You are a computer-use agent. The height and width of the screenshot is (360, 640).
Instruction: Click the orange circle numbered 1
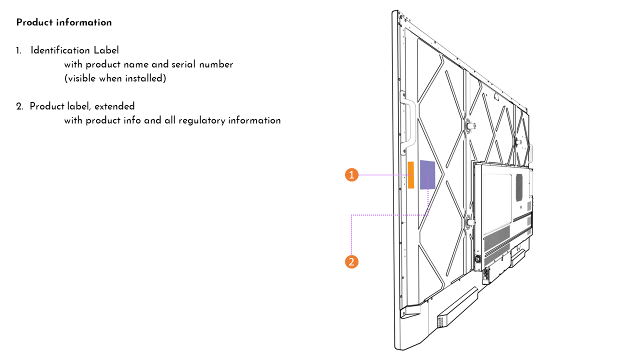point(352,175)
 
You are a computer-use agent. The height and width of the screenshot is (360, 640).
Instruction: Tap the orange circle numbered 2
point(352,261)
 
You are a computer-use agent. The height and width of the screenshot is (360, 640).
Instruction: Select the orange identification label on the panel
point(411,175)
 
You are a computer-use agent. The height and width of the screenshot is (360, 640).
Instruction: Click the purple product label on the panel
point(427,174)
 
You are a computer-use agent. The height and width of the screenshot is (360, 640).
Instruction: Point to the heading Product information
point(64,22)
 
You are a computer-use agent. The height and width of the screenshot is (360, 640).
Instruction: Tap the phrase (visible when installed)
point(115,78)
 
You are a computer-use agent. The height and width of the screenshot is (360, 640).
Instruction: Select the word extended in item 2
point(115,106)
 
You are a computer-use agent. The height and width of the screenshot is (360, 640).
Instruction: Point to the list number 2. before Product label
point(19,106)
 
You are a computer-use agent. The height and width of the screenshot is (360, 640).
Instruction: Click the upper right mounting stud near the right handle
point(518,141)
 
